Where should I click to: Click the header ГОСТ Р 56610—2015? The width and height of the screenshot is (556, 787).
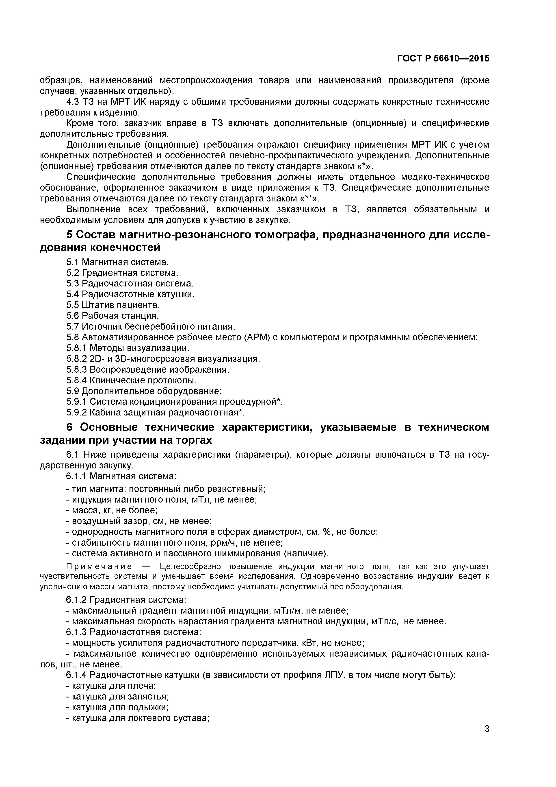[443, 59]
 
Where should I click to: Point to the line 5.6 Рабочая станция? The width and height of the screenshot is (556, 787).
[113, 316]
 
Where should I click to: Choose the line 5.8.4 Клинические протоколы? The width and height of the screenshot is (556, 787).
[132, 380]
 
